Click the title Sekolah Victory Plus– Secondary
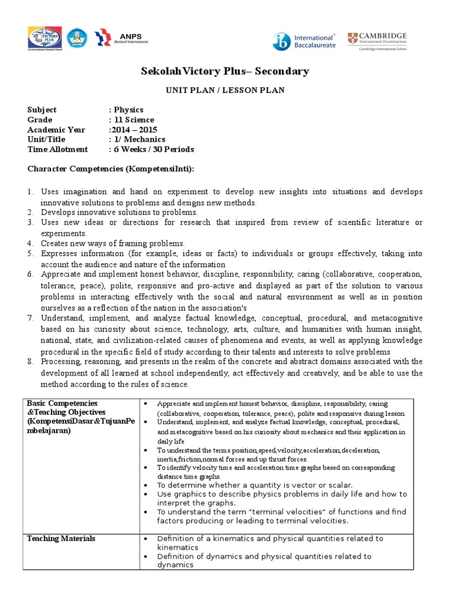pyautogui.click(x=225, y=71)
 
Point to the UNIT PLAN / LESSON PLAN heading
pyautogui.click(x=225, y=92)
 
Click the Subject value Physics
pyautogui.click(x=128, y=110)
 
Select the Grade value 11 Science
pyautogui.click(x=134, y=120)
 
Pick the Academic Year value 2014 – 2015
pyautogui.click(x=133, y=130)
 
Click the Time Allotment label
pyautogui.click(x=57, y=150)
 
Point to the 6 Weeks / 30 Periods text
pyautogui.click(x=154, y=150)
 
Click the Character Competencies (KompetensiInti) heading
pyautogui.click(x=111, y=169)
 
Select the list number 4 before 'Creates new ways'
pyautogui.click(x=30, y=243)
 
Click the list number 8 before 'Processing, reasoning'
pyautogui.click(x=30, y=362)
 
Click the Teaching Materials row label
pyautogui.click(x=61, y=539)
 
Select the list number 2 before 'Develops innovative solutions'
pyautogui.click(x=30, y=212)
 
